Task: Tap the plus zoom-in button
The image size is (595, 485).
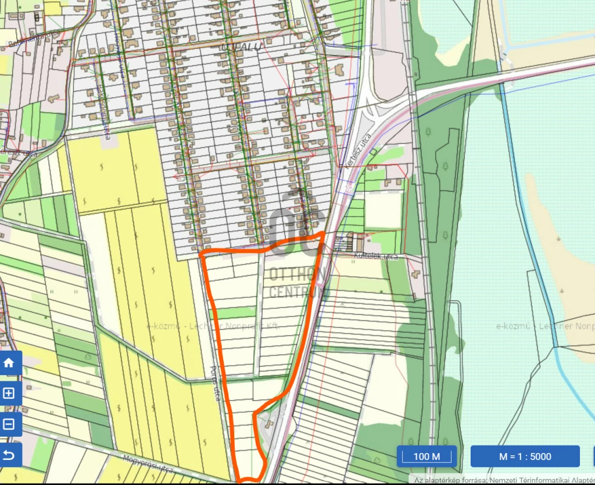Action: click(9, 394)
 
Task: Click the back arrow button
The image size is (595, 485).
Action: click(9, 455)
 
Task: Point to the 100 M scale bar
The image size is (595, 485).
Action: click(427, 457)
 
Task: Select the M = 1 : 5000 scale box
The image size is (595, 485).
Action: click(525, 457)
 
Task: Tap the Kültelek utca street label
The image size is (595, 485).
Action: click(376, 256)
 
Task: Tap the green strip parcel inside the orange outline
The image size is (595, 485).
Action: click(235, 313)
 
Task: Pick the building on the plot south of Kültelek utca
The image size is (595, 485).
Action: click(417, 273)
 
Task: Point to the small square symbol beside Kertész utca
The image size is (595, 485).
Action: click(374, 152)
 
